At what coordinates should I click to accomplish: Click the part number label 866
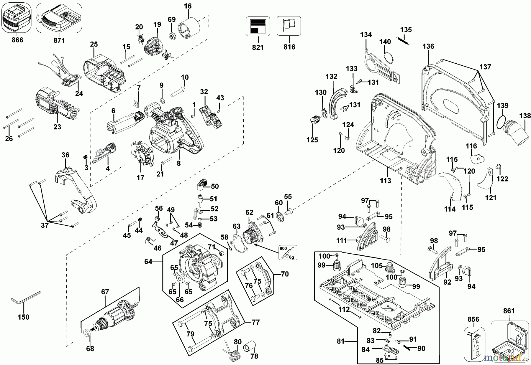[17, 40]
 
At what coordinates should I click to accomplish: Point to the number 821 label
[258, 47]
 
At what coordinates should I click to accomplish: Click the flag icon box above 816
[289, 26]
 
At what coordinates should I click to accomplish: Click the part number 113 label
[386, 180]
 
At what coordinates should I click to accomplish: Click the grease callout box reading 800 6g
[288, 252]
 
